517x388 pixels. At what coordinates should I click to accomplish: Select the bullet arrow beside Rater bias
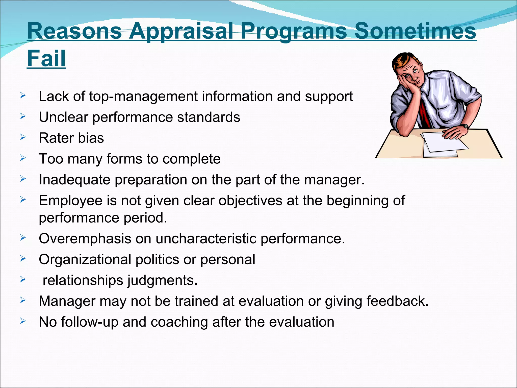(x=23, y=137)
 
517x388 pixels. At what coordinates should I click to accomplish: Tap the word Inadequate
(x=74, y=180)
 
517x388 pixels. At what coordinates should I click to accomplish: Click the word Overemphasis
(x=85, y=238)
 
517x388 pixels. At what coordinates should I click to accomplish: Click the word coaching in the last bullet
(x=179, y=322)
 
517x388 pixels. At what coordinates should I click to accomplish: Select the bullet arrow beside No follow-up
(x=23, y=321)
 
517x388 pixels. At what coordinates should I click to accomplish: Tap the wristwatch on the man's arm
(x=465, y=126)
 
